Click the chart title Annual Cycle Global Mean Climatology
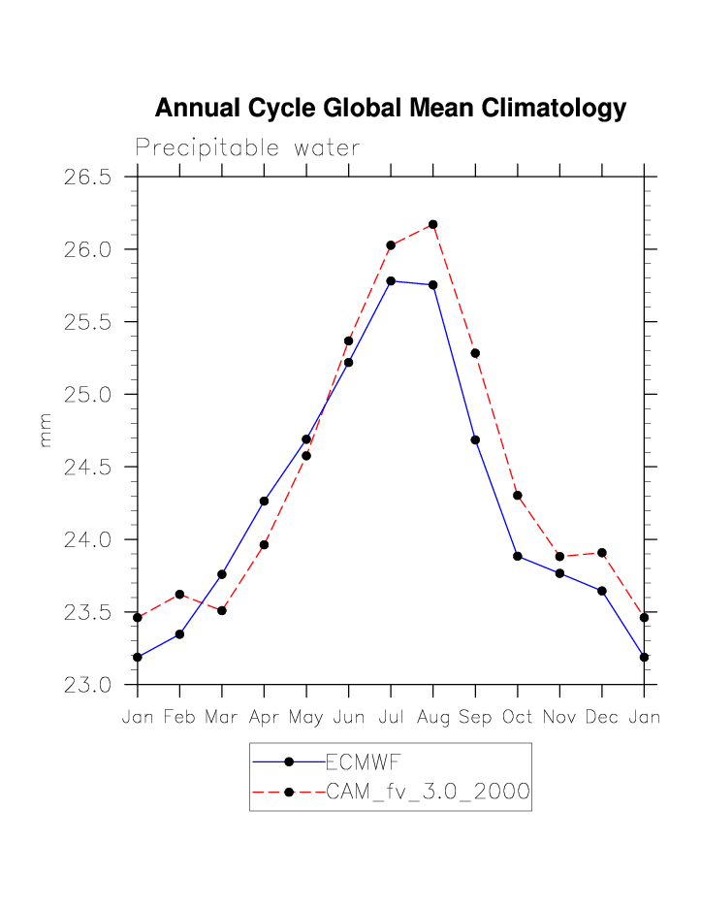click(x=391, y=108)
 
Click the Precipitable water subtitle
click(x=247, y=148)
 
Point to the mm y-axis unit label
click(x=45, y=431)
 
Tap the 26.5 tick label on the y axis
click(x=87, y=178)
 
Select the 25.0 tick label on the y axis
click(x=87, y=395)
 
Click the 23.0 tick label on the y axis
click(x=87, y=685)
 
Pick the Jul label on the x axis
click(x=391, y=718)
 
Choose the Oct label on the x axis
click(x=518, y=718)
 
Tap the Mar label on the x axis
click(x=222, y=718)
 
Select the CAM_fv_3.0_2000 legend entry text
click(x=428, y=793)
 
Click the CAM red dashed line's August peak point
click(x=433, y=224)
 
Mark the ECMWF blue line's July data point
click(x=391, y=281)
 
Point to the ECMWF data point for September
click(x=475, y=440)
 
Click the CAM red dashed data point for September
click(x=475, y=353)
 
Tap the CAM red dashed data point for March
click(x=222, y=610)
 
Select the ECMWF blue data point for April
click(x=264, y=502)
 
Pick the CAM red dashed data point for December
click(x=602, y=553)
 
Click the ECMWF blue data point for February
click(x=179, y=634)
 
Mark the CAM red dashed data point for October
click(x=518, y=496)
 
